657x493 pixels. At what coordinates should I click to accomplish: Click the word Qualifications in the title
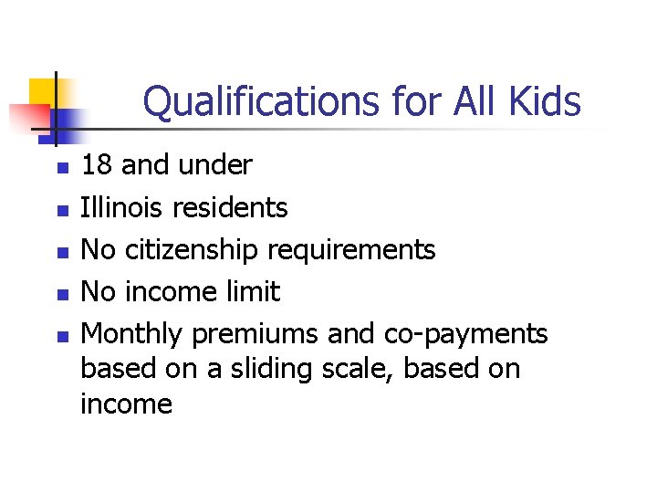pos(249,102)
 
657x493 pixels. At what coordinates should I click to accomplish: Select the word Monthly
pos(130,334)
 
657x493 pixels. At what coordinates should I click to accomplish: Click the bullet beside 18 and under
pos(61,168)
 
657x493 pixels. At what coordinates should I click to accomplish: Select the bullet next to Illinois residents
pos(61,210)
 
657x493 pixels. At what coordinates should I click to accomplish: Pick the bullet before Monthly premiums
pos(61,336)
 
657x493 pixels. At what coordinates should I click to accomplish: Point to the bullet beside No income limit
pos(61,294)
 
